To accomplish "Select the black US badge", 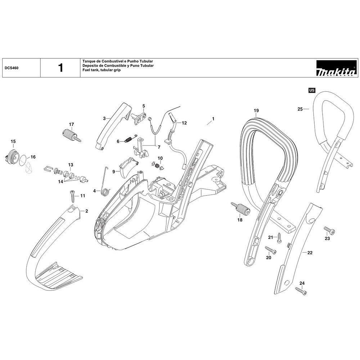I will [x=312, y=90].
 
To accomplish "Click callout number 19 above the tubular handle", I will [x=256, y=110].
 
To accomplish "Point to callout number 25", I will [x=300, y=108].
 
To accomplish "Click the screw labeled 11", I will [x=72, y=196].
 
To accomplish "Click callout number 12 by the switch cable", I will [x=184, y=123].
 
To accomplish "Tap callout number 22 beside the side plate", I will [x=310, y=253].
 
